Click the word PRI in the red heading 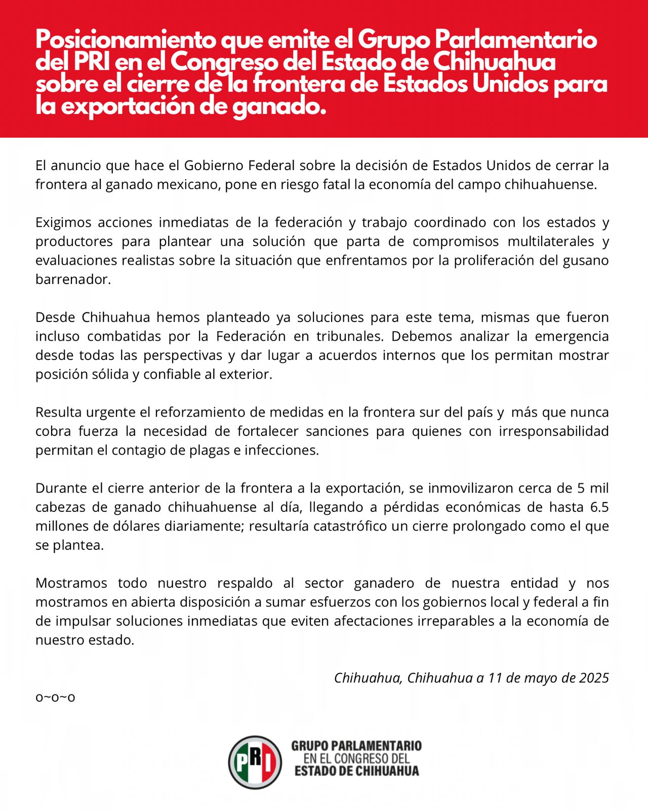click(92, 62)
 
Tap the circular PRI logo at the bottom click(255, 762)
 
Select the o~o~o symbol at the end click(55, 697)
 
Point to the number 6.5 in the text click(599, 507)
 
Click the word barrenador click(72, 279)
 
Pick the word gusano click(586, 260)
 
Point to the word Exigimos click(63, 222)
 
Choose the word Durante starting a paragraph click(61, 488)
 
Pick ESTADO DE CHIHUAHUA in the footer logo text click(357, 771)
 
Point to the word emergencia click(572, 336)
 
